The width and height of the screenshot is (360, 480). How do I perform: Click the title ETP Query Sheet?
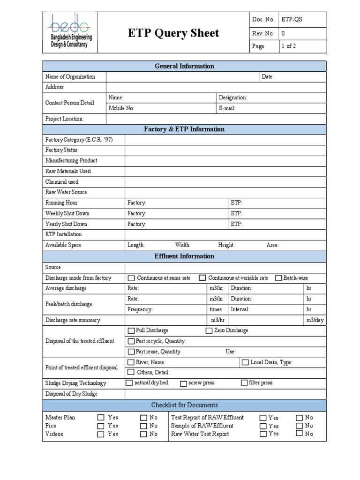coord(173,33)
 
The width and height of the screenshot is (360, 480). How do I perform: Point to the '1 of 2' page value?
coord(288,46)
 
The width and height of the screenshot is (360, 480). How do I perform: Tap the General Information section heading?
coord(184,66)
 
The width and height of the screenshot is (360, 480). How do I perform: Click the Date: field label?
coord(268,77)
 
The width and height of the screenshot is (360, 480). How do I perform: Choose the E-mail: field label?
coord(227,108)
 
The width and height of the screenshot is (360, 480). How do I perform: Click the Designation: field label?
coord(232,98)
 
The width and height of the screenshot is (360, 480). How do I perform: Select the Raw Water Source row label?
coord(66,192)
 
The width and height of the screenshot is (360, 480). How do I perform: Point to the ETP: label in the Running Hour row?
coord(236,203)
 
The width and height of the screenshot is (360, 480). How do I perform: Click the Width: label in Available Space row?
coord(183,245)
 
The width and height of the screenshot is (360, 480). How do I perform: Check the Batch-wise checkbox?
coord(278,278)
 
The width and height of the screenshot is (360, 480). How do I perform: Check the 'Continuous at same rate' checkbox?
coord(131,278)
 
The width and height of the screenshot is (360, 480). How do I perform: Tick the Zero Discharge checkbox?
coord(209,330)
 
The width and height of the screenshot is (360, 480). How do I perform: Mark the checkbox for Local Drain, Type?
coord(245,362)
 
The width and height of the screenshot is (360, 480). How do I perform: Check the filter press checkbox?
coord(244,383)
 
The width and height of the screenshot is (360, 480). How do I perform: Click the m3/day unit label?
coord(315,320)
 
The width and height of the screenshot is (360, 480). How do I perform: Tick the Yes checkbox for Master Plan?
coord(101,418)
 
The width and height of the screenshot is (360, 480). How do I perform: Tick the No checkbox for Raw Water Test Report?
coord(299,434)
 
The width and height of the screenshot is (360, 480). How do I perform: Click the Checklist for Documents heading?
coord(184,405)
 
